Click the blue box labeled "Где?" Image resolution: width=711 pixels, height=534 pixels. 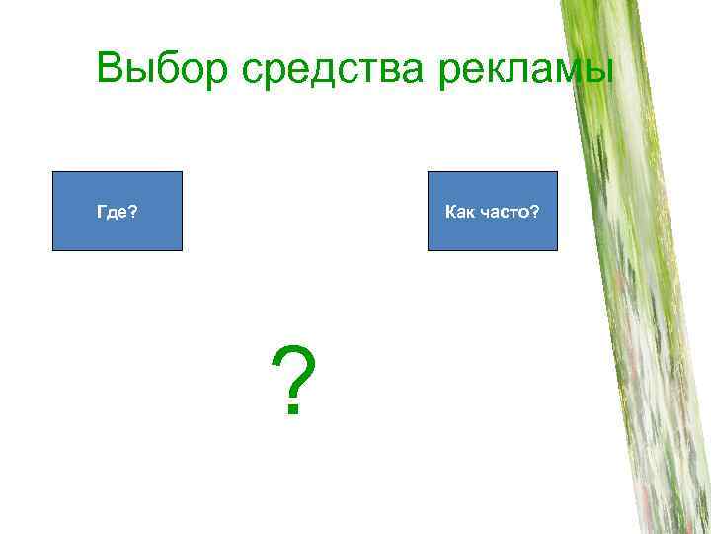118,211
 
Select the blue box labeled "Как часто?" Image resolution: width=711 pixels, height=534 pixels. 492,211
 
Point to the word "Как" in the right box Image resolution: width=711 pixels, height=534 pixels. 458,212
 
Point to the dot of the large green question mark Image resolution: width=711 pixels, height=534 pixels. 292,410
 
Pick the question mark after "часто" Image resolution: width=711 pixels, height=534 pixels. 535,212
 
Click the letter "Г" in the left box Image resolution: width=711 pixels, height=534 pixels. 100,212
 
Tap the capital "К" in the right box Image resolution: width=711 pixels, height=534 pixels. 450,212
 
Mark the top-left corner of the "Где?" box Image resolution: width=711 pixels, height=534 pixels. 53,172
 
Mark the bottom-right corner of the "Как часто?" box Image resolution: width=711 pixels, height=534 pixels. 557,249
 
